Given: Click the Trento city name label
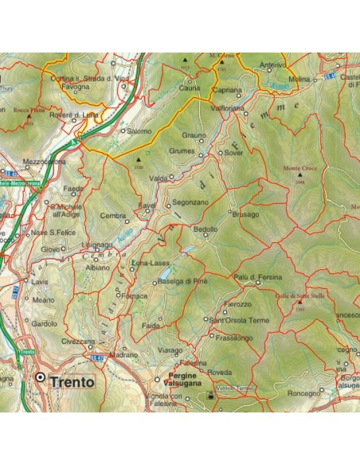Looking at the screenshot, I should tap(72, 381).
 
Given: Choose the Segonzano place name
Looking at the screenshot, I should tap(190, 202).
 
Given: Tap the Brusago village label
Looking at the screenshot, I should tap(246, 213).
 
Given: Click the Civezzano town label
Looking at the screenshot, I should tap(76, 340).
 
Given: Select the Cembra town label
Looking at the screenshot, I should tap(113, 216).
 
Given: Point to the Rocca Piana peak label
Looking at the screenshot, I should tap(22, 109).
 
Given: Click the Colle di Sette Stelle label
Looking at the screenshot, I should tap(299, 295).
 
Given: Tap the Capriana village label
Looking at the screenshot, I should tap(228, 91).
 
